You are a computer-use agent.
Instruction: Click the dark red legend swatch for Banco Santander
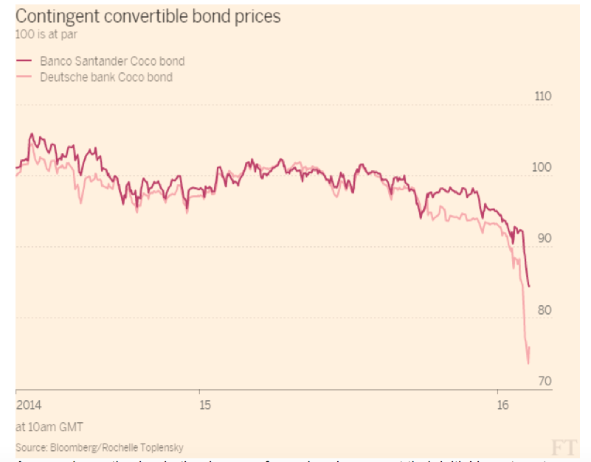coord(22,61)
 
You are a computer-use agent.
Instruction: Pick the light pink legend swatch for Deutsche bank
coord(22,77)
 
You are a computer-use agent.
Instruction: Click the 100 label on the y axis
coord(541,168)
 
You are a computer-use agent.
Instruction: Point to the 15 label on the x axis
coord(204,405)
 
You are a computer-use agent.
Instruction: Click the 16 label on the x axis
coord(503,405)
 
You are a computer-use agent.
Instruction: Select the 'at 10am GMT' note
coord(49,427)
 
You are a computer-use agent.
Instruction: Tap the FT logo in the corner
coord(564,447)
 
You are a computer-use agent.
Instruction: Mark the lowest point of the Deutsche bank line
coord(528,363)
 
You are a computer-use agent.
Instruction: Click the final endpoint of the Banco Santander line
coord(530,287)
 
